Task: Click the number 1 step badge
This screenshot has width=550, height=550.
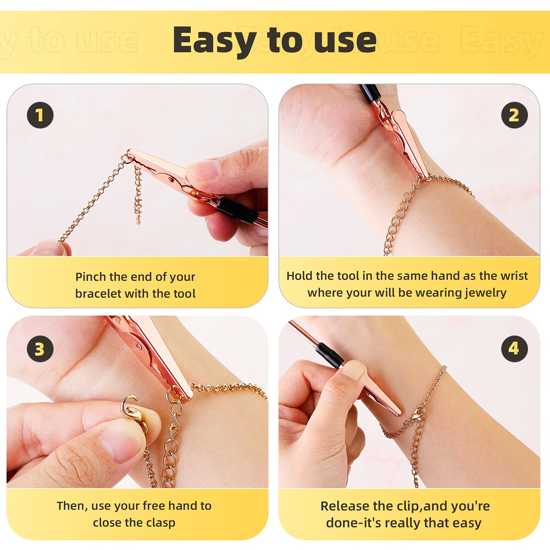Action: coord(40,115)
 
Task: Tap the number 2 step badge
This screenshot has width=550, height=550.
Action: coord(514,115)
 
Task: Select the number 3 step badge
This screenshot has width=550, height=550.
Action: coord(40,349)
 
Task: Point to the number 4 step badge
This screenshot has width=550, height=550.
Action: coord(514,349)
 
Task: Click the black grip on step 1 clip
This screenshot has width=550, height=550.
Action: coord(237,210)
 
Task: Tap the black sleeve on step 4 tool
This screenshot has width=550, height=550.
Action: coord(329,355)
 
